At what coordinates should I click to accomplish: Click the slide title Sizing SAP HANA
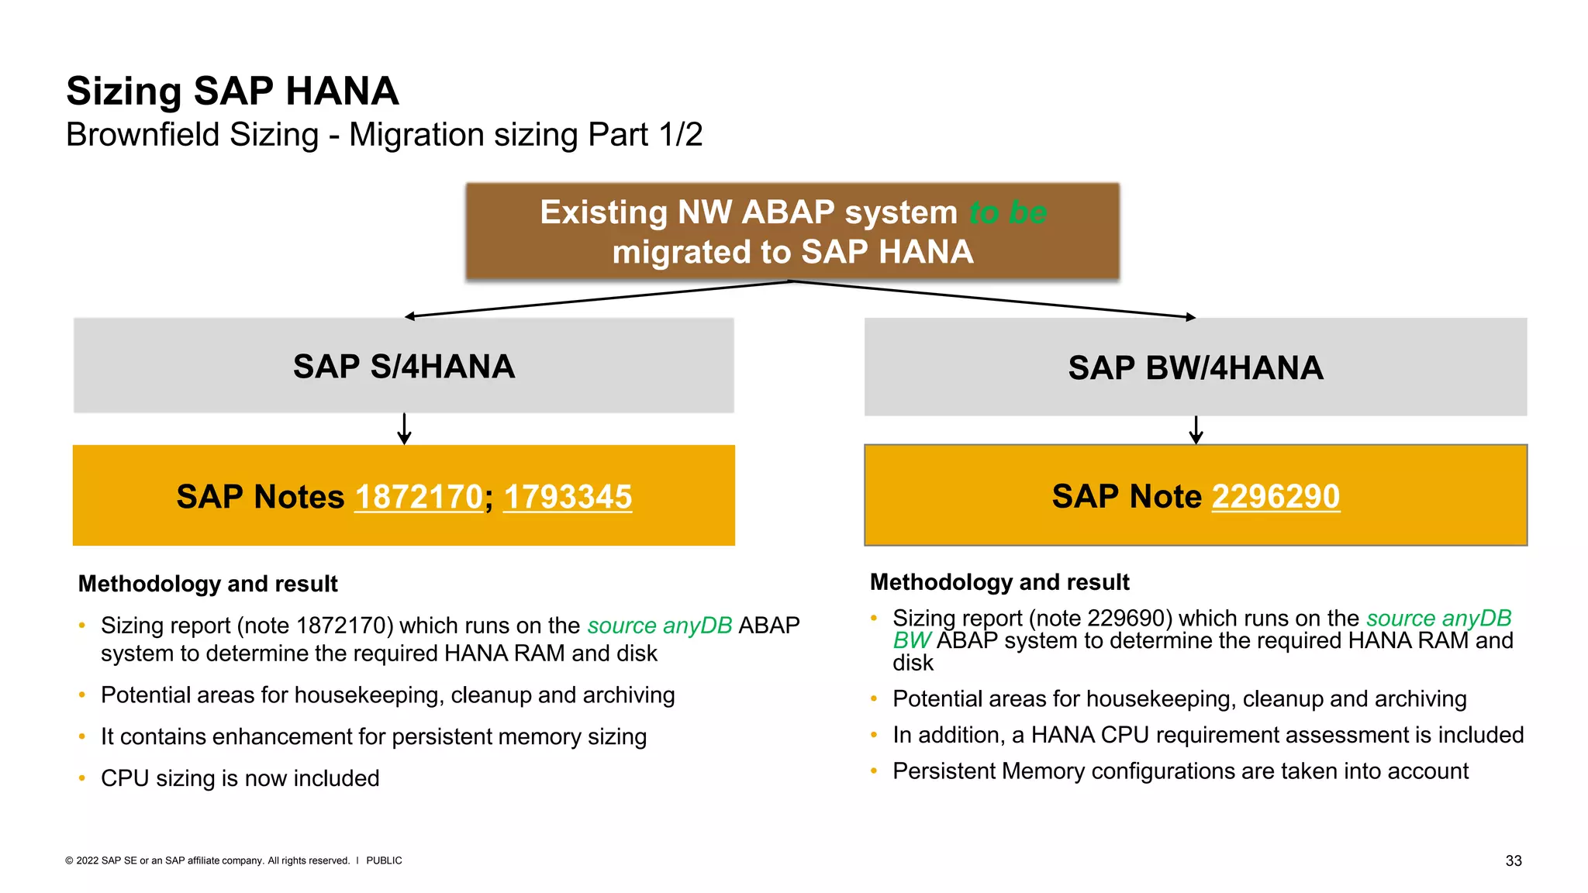tap(232, 91)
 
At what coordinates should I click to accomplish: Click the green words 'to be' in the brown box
tap(1008, 212)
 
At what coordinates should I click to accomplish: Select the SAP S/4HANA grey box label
tap(404, 367)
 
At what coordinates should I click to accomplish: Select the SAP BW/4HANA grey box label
tap(1195, 368)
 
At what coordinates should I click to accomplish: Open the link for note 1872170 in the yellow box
tap(419, 497)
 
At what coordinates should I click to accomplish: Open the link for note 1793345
tap(568, 497)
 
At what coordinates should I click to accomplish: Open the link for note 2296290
tap(1276, 496)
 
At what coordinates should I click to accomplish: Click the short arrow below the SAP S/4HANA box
tap(404, 429)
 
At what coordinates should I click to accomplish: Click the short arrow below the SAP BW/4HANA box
tap(1196, 430)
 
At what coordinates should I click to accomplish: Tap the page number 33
tap(1513, 860)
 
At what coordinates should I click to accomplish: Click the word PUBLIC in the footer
tap(384, 860)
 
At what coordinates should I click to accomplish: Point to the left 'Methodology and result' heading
tap(208, 584)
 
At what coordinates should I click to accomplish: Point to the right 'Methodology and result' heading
tap(999, 582)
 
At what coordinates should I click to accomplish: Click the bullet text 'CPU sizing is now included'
tap(240, 778)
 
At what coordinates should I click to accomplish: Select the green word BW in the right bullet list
tap(911, 641)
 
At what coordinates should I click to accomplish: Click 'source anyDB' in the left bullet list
tap(659, 626)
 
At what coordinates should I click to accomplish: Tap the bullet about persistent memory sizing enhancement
tap(373, 736)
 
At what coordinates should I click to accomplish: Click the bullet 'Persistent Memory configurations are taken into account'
tap(1180, 771)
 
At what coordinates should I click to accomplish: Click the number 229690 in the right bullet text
tap(1128, 619)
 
